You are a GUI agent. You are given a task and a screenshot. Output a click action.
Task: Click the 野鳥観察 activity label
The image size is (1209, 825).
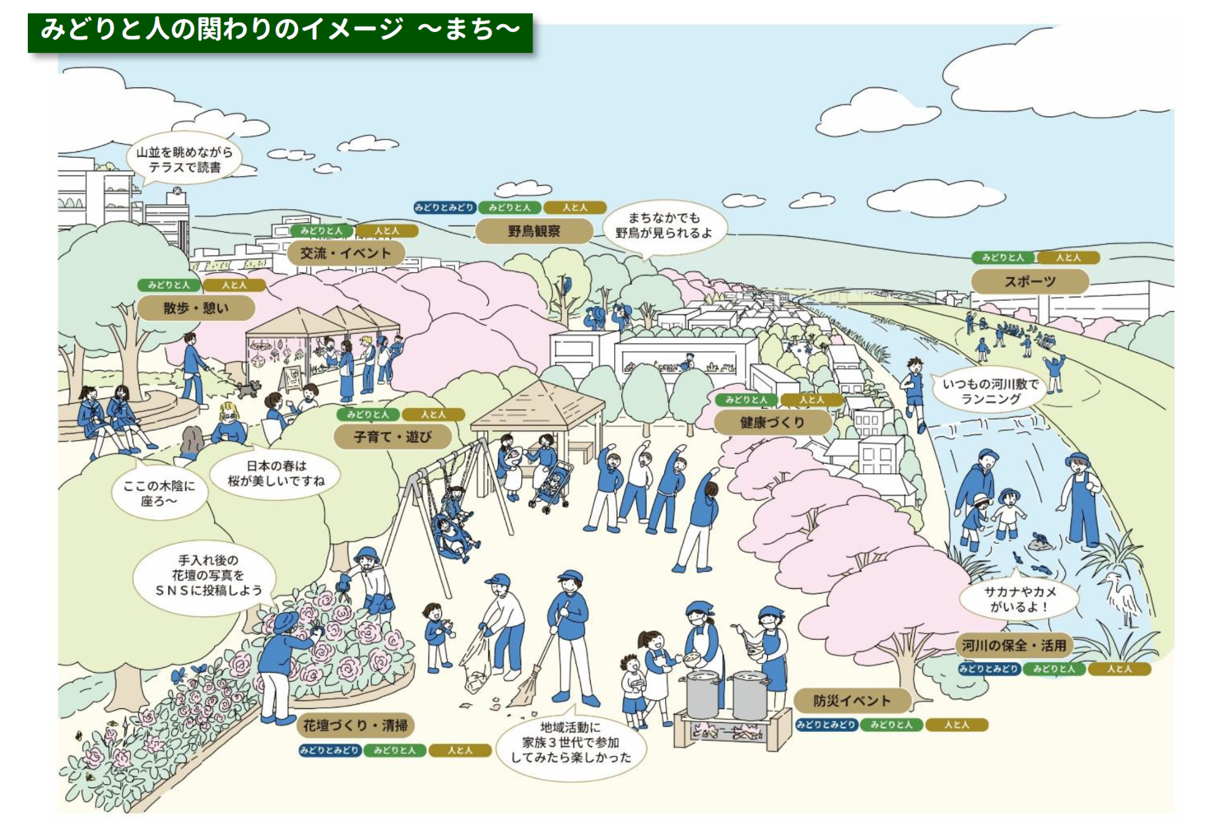534,231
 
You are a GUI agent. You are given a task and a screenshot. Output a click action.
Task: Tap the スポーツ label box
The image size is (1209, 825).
1029,281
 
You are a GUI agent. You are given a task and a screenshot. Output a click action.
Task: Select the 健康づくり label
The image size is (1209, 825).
772,422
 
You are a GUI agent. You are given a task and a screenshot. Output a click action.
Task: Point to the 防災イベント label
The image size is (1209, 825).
852,700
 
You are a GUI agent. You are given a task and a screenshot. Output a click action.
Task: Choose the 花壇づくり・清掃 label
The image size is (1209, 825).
355,725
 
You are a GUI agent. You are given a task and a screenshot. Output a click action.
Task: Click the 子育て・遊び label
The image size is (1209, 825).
392,436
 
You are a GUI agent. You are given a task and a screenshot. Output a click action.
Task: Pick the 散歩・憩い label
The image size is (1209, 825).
196,308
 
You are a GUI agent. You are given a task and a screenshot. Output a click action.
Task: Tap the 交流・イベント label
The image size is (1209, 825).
345,253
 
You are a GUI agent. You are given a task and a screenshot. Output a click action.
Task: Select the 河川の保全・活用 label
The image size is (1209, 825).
1014,645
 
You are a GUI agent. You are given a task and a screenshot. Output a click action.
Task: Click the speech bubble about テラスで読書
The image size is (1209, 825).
184,159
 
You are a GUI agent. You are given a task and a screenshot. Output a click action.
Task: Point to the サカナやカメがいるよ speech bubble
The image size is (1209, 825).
1019,599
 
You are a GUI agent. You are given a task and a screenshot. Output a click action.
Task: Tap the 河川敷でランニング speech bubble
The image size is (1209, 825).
990,390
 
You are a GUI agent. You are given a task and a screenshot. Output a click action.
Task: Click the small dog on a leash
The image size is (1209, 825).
248,388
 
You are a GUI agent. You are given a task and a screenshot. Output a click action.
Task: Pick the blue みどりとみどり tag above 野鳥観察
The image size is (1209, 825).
444,207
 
